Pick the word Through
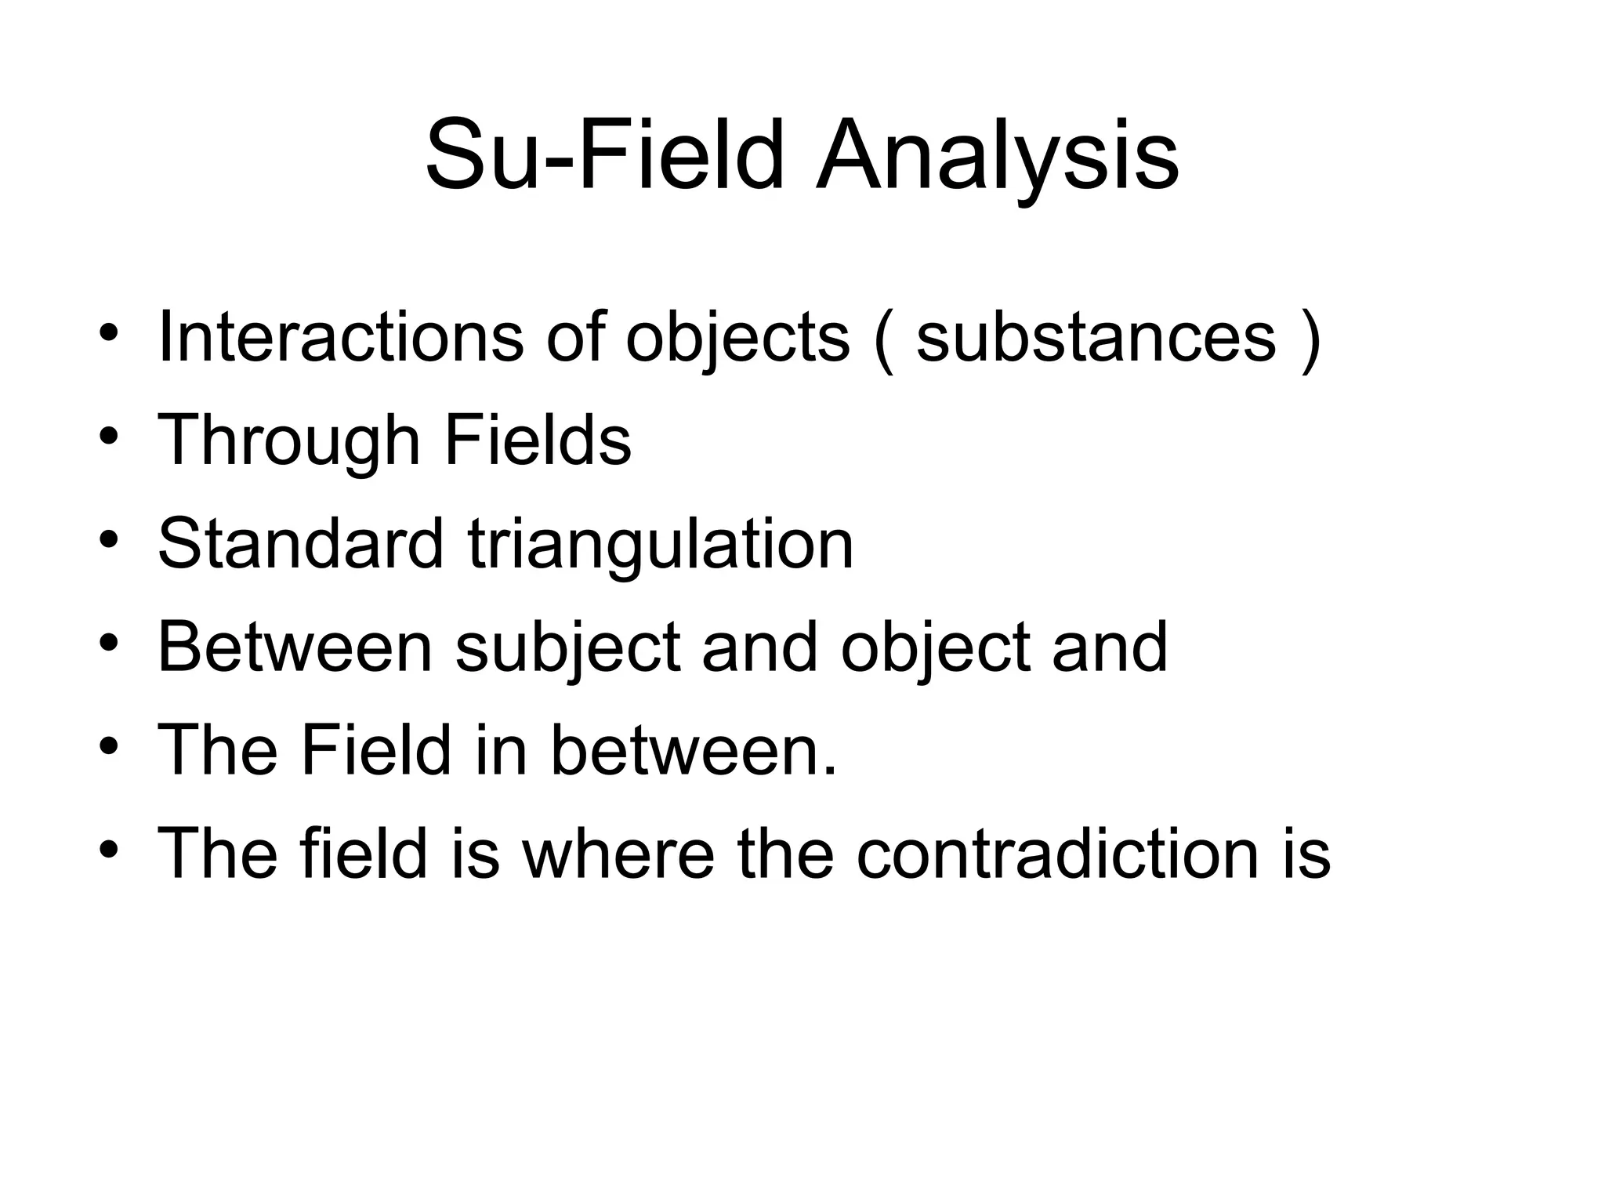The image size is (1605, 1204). (289, 441)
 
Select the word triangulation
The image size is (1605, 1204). (661, 544)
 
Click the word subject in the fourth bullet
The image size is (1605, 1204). (567, 647)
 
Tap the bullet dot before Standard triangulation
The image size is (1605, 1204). (109, 541)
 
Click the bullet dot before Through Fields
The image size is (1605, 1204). (109, 437)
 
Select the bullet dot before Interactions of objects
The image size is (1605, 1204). (109, 335)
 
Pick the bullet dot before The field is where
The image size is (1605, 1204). (109, 850)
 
